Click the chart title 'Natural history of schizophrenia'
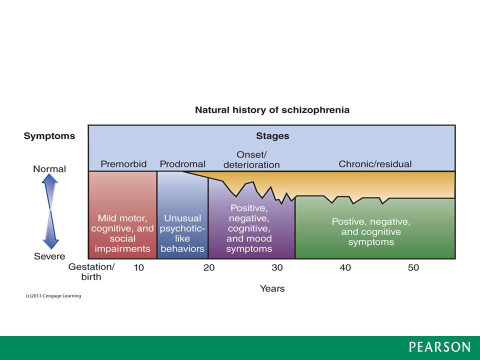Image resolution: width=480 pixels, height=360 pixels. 272,110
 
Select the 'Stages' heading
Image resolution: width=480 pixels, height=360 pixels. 272,136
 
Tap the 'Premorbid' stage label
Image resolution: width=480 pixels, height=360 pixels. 123,164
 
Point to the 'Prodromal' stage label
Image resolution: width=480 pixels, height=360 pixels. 182,164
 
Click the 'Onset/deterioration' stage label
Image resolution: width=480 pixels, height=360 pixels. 251,160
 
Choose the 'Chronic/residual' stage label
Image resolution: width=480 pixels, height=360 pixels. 375,164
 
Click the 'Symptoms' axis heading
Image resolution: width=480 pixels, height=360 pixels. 49,136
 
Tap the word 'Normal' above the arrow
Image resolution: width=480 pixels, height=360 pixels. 49,169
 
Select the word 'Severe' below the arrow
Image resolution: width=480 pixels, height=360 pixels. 49,256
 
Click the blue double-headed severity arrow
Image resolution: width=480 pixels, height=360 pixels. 50,211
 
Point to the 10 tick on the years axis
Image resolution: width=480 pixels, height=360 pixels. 138,267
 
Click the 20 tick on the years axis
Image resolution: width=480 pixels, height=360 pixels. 209,267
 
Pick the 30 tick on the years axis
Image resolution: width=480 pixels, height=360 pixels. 277,267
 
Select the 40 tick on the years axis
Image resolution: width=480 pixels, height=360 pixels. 345,267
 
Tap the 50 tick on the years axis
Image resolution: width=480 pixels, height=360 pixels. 413,267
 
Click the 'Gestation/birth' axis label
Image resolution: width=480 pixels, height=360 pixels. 91,272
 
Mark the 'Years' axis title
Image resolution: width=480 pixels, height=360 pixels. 272,288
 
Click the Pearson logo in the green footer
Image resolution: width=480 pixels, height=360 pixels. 439,347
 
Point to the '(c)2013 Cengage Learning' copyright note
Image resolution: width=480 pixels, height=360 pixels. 53,296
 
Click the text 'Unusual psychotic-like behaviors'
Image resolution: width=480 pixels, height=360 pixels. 182,233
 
